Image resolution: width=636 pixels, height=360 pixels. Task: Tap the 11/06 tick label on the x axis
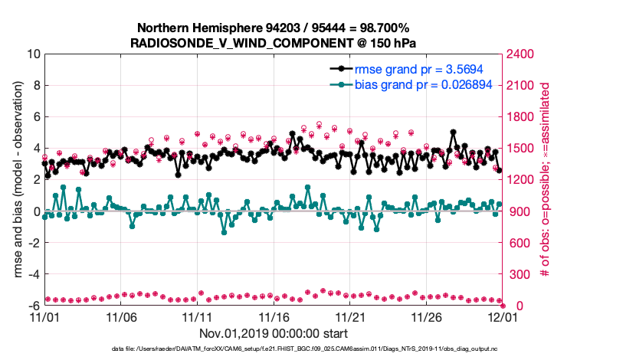tap(121, 316)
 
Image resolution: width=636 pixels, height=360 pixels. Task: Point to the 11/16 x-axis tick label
tap(274, 316)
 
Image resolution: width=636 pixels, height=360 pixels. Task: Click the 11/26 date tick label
tap(426, 316)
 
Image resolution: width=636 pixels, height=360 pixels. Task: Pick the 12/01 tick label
tap(502, 316)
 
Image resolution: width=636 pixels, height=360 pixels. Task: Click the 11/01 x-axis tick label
tap(44, 316)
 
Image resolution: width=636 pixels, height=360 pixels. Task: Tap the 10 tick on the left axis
tap(33, 54)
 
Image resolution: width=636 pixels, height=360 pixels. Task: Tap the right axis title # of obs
tap(546, 179)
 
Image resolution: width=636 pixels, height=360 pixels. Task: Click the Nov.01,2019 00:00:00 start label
tap(274, 333)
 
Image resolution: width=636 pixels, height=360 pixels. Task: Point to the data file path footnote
tap(274, 349)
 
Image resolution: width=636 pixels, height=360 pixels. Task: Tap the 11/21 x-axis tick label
tap(349, 316)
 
